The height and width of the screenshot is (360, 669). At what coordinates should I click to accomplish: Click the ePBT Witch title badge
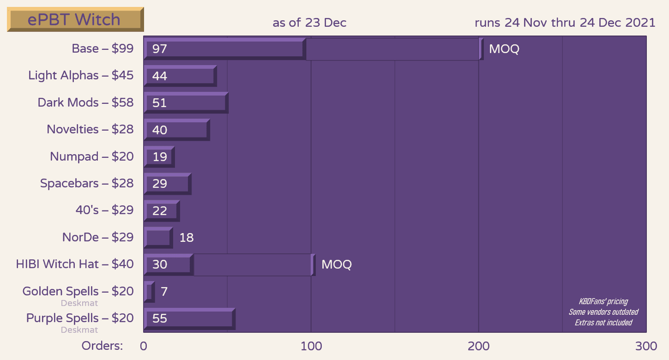[75, 20]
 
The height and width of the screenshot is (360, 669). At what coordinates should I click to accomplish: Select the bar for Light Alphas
[180, 76]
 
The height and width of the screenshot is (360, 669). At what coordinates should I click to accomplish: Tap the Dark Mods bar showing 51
[186, 102]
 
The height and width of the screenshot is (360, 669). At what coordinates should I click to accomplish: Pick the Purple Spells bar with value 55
[189, 318]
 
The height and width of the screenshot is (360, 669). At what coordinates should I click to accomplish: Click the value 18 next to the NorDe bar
[186, 238]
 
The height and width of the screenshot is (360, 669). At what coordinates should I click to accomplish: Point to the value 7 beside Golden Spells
[164, 292]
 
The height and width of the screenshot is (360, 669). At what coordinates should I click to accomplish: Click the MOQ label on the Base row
[504, 49]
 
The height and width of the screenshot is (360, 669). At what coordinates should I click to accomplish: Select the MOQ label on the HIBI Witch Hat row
[336, 264]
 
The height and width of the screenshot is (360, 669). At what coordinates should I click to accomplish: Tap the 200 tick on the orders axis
[478, 346]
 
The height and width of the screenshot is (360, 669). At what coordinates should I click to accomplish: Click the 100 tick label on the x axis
[311, 346]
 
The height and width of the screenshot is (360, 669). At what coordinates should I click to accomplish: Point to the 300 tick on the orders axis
[645, 346]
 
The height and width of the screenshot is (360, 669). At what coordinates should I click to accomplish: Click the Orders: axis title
[102, 346]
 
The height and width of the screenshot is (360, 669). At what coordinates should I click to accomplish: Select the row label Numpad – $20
[92, 156]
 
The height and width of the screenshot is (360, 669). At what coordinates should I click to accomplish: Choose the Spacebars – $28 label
[87, 183]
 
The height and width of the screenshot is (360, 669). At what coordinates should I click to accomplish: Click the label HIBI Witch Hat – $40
[75, 264]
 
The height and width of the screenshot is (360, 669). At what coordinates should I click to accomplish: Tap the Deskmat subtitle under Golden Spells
[79, 303]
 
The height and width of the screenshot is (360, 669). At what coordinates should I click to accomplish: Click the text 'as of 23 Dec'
[309, 23]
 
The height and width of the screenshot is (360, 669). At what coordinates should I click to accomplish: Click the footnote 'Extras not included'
[603, 323]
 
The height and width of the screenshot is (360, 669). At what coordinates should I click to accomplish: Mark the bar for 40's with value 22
[162, 211]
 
